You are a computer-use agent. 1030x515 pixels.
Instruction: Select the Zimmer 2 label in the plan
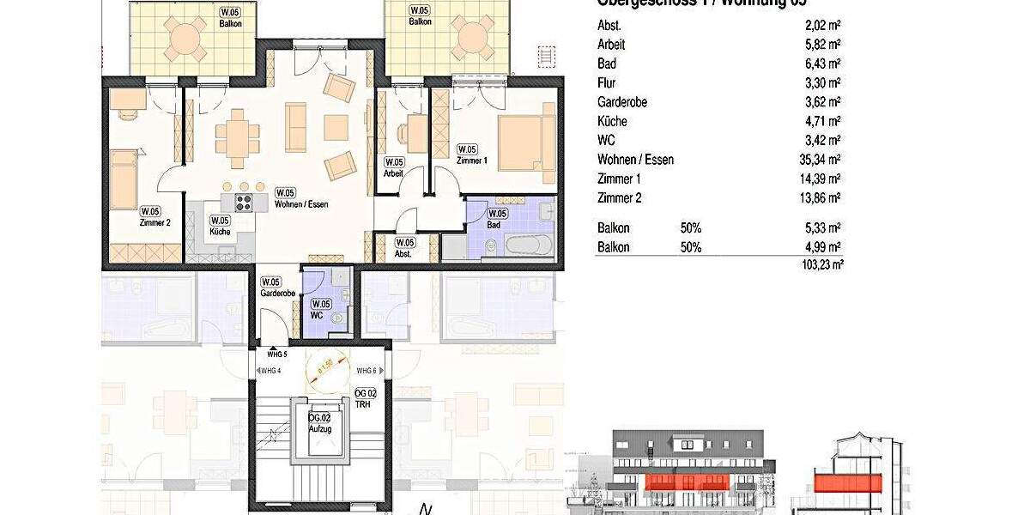[155, 222]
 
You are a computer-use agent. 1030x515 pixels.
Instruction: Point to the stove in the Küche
[243, 203]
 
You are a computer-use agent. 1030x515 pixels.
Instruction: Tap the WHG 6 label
[366, 370]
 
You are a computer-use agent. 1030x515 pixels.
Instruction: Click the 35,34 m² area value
[820, 160]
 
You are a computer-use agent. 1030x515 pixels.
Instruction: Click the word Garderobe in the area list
[622, 102]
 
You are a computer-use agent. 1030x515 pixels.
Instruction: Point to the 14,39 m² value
[820, 179]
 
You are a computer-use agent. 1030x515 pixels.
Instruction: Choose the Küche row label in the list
[612, 121]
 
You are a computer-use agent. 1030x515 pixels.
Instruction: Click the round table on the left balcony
[185, 38]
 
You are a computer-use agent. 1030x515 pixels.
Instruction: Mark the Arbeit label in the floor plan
[392, 173]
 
